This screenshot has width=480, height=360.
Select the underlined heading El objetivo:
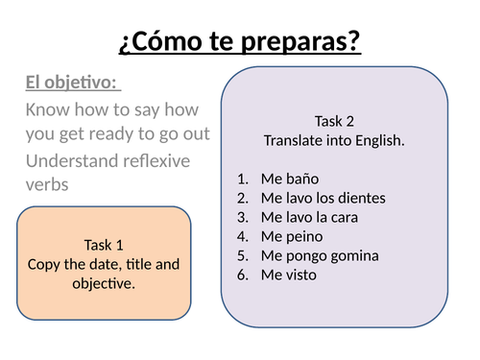tap(65, 84)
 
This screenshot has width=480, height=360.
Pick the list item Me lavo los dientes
tap(323, 198)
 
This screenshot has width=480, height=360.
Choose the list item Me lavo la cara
tap(308, 217)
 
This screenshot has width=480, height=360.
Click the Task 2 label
tap(334, 121)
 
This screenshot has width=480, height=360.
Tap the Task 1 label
tap(104, 245)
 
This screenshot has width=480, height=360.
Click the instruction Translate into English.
tap(334, 140)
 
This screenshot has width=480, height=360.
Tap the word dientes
tap(361, 198)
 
